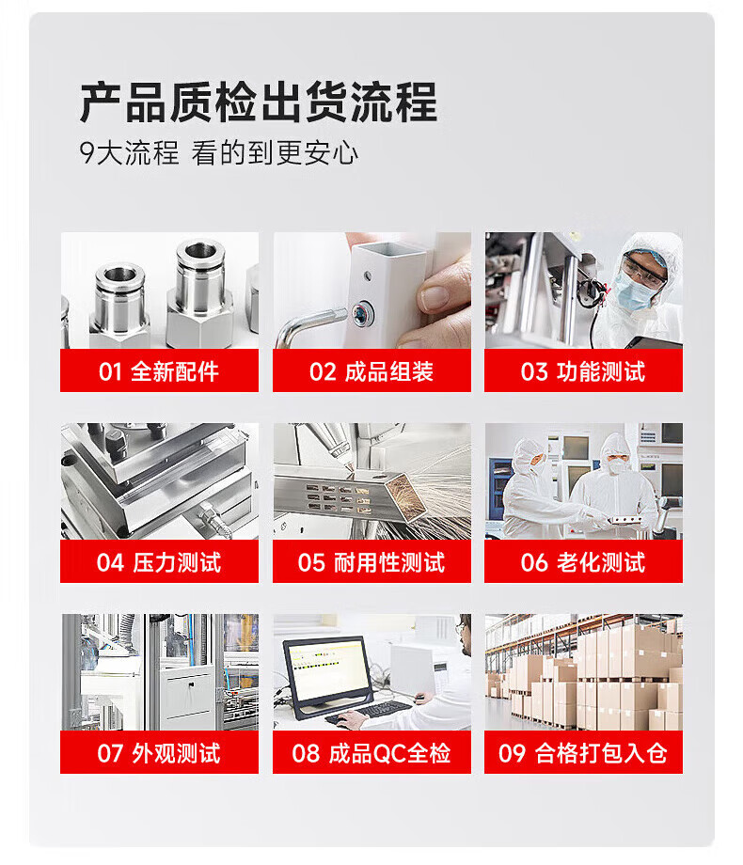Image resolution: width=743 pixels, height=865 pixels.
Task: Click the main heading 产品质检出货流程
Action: point(259,102)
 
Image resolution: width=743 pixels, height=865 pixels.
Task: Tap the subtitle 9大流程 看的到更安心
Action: point(218,153)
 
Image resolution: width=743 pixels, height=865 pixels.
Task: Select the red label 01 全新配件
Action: point(159,370)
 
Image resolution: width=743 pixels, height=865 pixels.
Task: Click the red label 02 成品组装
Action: point(371,370)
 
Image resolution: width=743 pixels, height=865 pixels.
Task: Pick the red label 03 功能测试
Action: point(583,370)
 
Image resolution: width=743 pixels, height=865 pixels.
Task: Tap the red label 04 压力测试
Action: point(159,561)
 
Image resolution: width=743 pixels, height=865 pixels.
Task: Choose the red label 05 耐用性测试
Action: point(371,561)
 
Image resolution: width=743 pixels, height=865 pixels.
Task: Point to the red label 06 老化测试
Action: point(583,561)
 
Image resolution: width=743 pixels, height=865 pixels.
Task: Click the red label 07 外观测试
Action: point(159,752)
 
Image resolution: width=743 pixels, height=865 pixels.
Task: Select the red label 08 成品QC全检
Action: point(371,752)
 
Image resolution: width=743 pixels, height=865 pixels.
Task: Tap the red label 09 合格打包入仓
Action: point(583,752)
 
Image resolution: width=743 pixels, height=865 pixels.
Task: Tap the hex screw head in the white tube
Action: point(361,313)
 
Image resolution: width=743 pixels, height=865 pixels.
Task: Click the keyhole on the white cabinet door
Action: point(190,685)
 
